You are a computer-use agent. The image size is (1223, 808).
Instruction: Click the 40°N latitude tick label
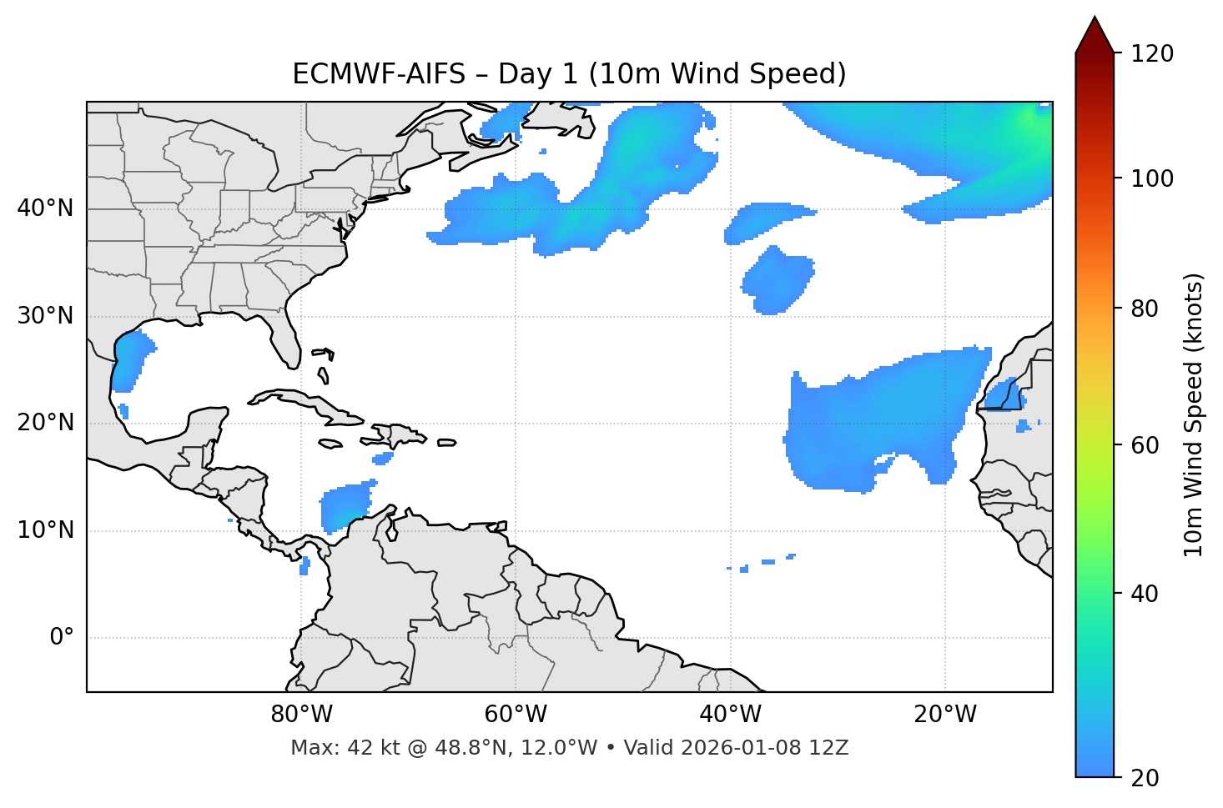(x=45, y=208)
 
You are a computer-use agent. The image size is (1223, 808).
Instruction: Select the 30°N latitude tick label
(x=45, y=316)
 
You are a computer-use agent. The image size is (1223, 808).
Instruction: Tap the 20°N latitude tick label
(x=45, y=423)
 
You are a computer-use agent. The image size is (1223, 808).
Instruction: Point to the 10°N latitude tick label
(x=45, y=530)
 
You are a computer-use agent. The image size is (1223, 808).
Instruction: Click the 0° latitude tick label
(x=61, y=638)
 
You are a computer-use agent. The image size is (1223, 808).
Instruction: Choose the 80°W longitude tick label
(x=301, y=715)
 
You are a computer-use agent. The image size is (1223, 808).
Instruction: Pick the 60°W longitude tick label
(x=516, y=715)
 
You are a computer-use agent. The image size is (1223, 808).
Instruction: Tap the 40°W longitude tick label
(x=730, y=715)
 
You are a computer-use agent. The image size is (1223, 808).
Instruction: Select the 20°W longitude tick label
(x=944, y=715)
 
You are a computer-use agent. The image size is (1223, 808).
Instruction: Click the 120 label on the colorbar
(x=1154, y=54)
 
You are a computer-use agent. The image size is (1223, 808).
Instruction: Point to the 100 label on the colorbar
(x=1154, y=178)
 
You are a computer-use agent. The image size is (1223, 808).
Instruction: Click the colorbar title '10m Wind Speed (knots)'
(x=1194, y=414)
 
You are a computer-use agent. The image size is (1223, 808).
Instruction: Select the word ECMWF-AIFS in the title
(x=379, y=75)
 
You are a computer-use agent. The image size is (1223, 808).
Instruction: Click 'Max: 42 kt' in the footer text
(x=331, y=748)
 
